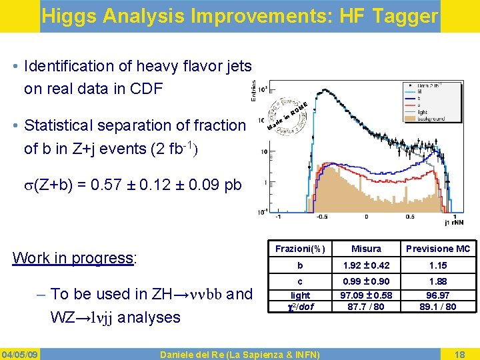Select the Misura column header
click(x=366, y=249)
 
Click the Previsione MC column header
click(x=438, y=249)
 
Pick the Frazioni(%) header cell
click(x=300, y=249)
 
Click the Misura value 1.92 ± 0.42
click(x=366, y=265)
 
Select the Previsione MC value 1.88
click(x=438, y=281)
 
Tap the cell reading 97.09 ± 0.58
click(x=366, y=295)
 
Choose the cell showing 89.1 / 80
click(x=438, y=307)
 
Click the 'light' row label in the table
click(x=300, y=295)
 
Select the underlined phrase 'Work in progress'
click(x=73, y=258)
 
